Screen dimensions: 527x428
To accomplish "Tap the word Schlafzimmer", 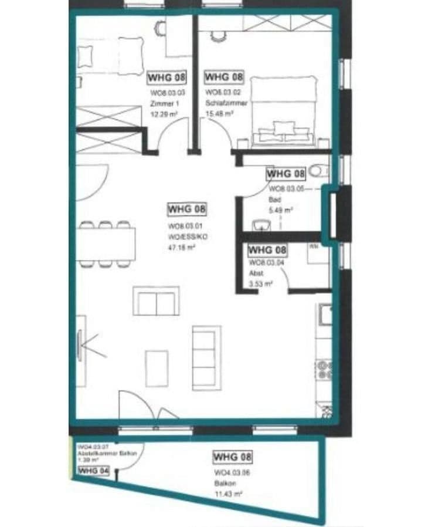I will tap(226, 103).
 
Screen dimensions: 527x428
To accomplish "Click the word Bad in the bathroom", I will tap(274, 199).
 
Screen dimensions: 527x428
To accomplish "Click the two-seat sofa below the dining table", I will tap(156, 301).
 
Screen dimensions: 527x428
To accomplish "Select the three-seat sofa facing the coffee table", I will tap(206, 357).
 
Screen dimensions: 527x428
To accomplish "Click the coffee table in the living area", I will tap(157, 368).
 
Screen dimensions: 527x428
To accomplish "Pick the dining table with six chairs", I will tap(106, 244).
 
